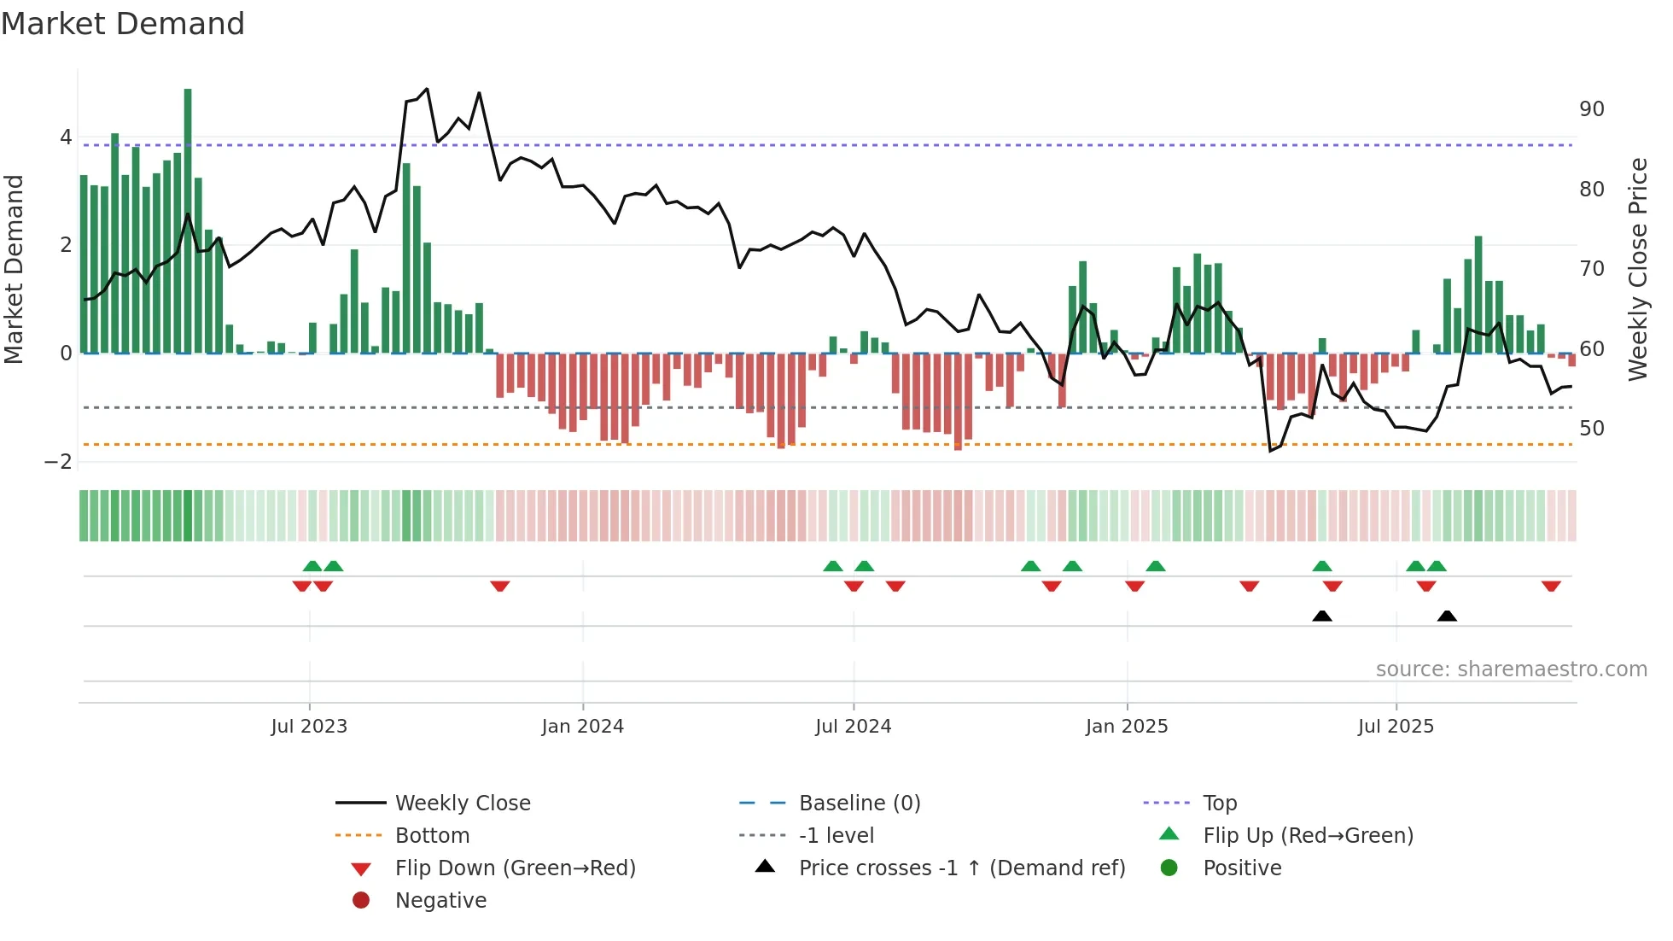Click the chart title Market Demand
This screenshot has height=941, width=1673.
click(x=123, y=24)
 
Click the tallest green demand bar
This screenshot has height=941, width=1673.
click(x=188, y=220)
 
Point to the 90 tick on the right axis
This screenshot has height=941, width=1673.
click(x=1591, y=109)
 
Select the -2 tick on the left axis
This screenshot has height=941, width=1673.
click(x=58, y=462)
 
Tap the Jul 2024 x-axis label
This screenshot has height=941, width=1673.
click(x=853, y=727)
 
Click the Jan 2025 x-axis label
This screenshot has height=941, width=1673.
click(x=1126, y=727)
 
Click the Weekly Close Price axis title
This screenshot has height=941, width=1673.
click(x=1637, y=269)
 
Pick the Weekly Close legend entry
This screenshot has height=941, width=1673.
click(x=462, y=804)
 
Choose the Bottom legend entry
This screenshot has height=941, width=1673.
click(x=432, y=836)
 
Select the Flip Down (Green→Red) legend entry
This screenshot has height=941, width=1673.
click(x=515, y=868)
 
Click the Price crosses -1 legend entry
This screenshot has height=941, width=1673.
click(x=961, y=868)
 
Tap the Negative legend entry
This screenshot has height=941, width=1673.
click(x=440, y=901)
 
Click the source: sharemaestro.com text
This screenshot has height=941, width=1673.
click(x=1511, y=669)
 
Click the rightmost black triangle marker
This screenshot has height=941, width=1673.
click(x=1447, y=616)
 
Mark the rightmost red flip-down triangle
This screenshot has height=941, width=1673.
click(x=1551, y=586)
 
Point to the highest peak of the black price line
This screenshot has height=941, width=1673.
click(x=427, y=89)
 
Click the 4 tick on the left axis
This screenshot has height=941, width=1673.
click(x=66, y=137)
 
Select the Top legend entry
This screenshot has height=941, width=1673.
click(x=1220, y=804)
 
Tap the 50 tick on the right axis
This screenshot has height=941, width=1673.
click(x=1591, y=429)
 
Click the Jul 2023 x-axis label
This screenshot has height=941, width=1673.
click(x=309, y=727)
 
